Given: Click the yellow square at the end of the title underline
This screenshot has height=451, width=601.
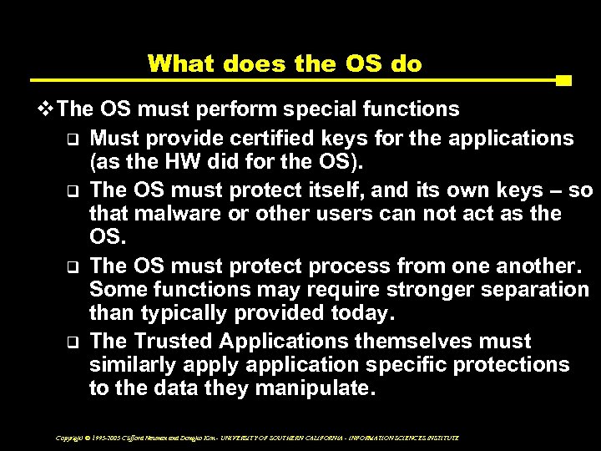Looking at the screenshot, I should click(563, 82).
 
